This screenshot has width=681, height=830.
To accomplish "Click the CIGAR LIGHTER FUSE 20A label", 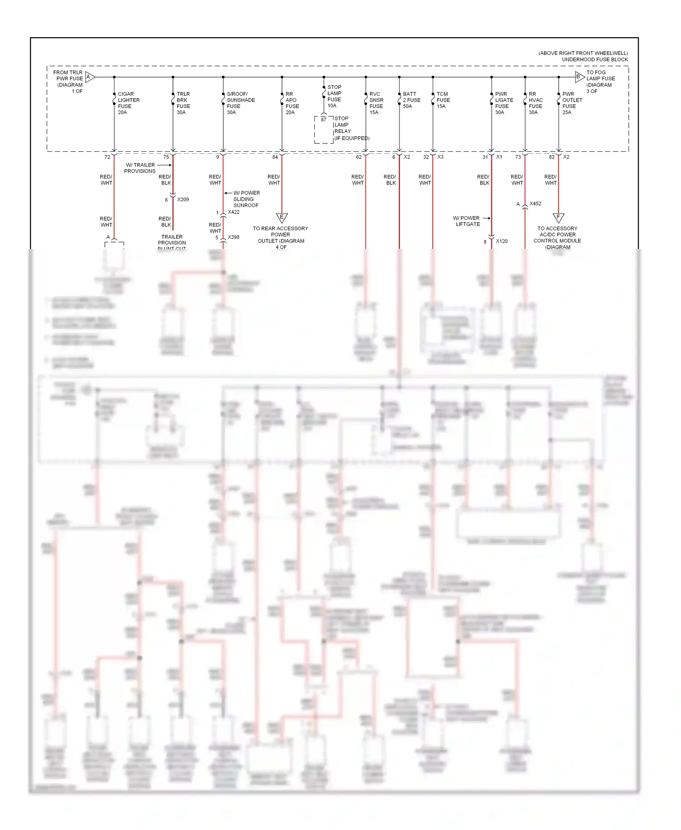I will tap(128, 103).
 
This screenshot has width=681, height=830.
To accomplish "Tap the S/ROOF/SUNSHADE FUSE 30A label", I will tap(240, 103).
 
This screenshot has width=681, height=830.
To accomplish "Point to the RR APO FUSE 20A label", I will tap(292, 103).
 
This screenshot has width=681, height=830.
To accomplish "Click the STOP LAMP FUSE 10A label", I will tap(334, 96).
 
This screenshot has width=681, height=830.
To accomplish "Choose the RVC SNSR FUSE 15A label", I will tap(376, 103).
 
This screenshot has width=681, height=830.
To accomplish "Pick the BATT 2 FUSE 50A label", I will tap(411, 100).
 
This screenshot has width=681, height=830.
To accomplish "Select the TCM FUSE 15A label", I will tap(443, 100).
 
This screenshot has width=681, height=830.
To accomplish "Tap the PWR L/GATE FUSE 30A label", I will tap(503, 103).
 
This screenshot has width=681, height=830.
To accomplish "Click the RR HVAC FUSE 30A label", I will tap(535, 103).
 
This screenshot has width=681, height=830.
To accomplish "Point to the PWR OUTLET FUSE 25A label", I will tap(572, 103).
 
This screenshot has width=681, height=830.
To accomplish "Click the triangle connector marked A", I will tap(89, 77).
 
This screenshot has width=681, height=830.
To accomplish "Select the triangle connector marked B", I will tap(579, 77).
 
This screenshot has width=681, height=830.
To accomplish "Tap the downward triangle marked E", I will tap(281, 218).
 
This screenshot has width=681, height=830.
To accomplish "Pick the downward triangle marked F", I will tap(558, 218).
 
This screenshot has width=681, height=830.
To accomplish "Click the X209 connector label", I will tap(183, 199).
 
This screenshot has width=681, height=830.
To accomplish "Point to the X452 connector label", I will tap(535, 203).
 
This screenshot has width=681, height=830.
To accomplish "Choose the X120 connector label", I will tap(502, 241).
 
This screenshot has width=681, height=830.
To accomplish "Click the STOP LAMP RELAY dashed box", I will tap(324, 130).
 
